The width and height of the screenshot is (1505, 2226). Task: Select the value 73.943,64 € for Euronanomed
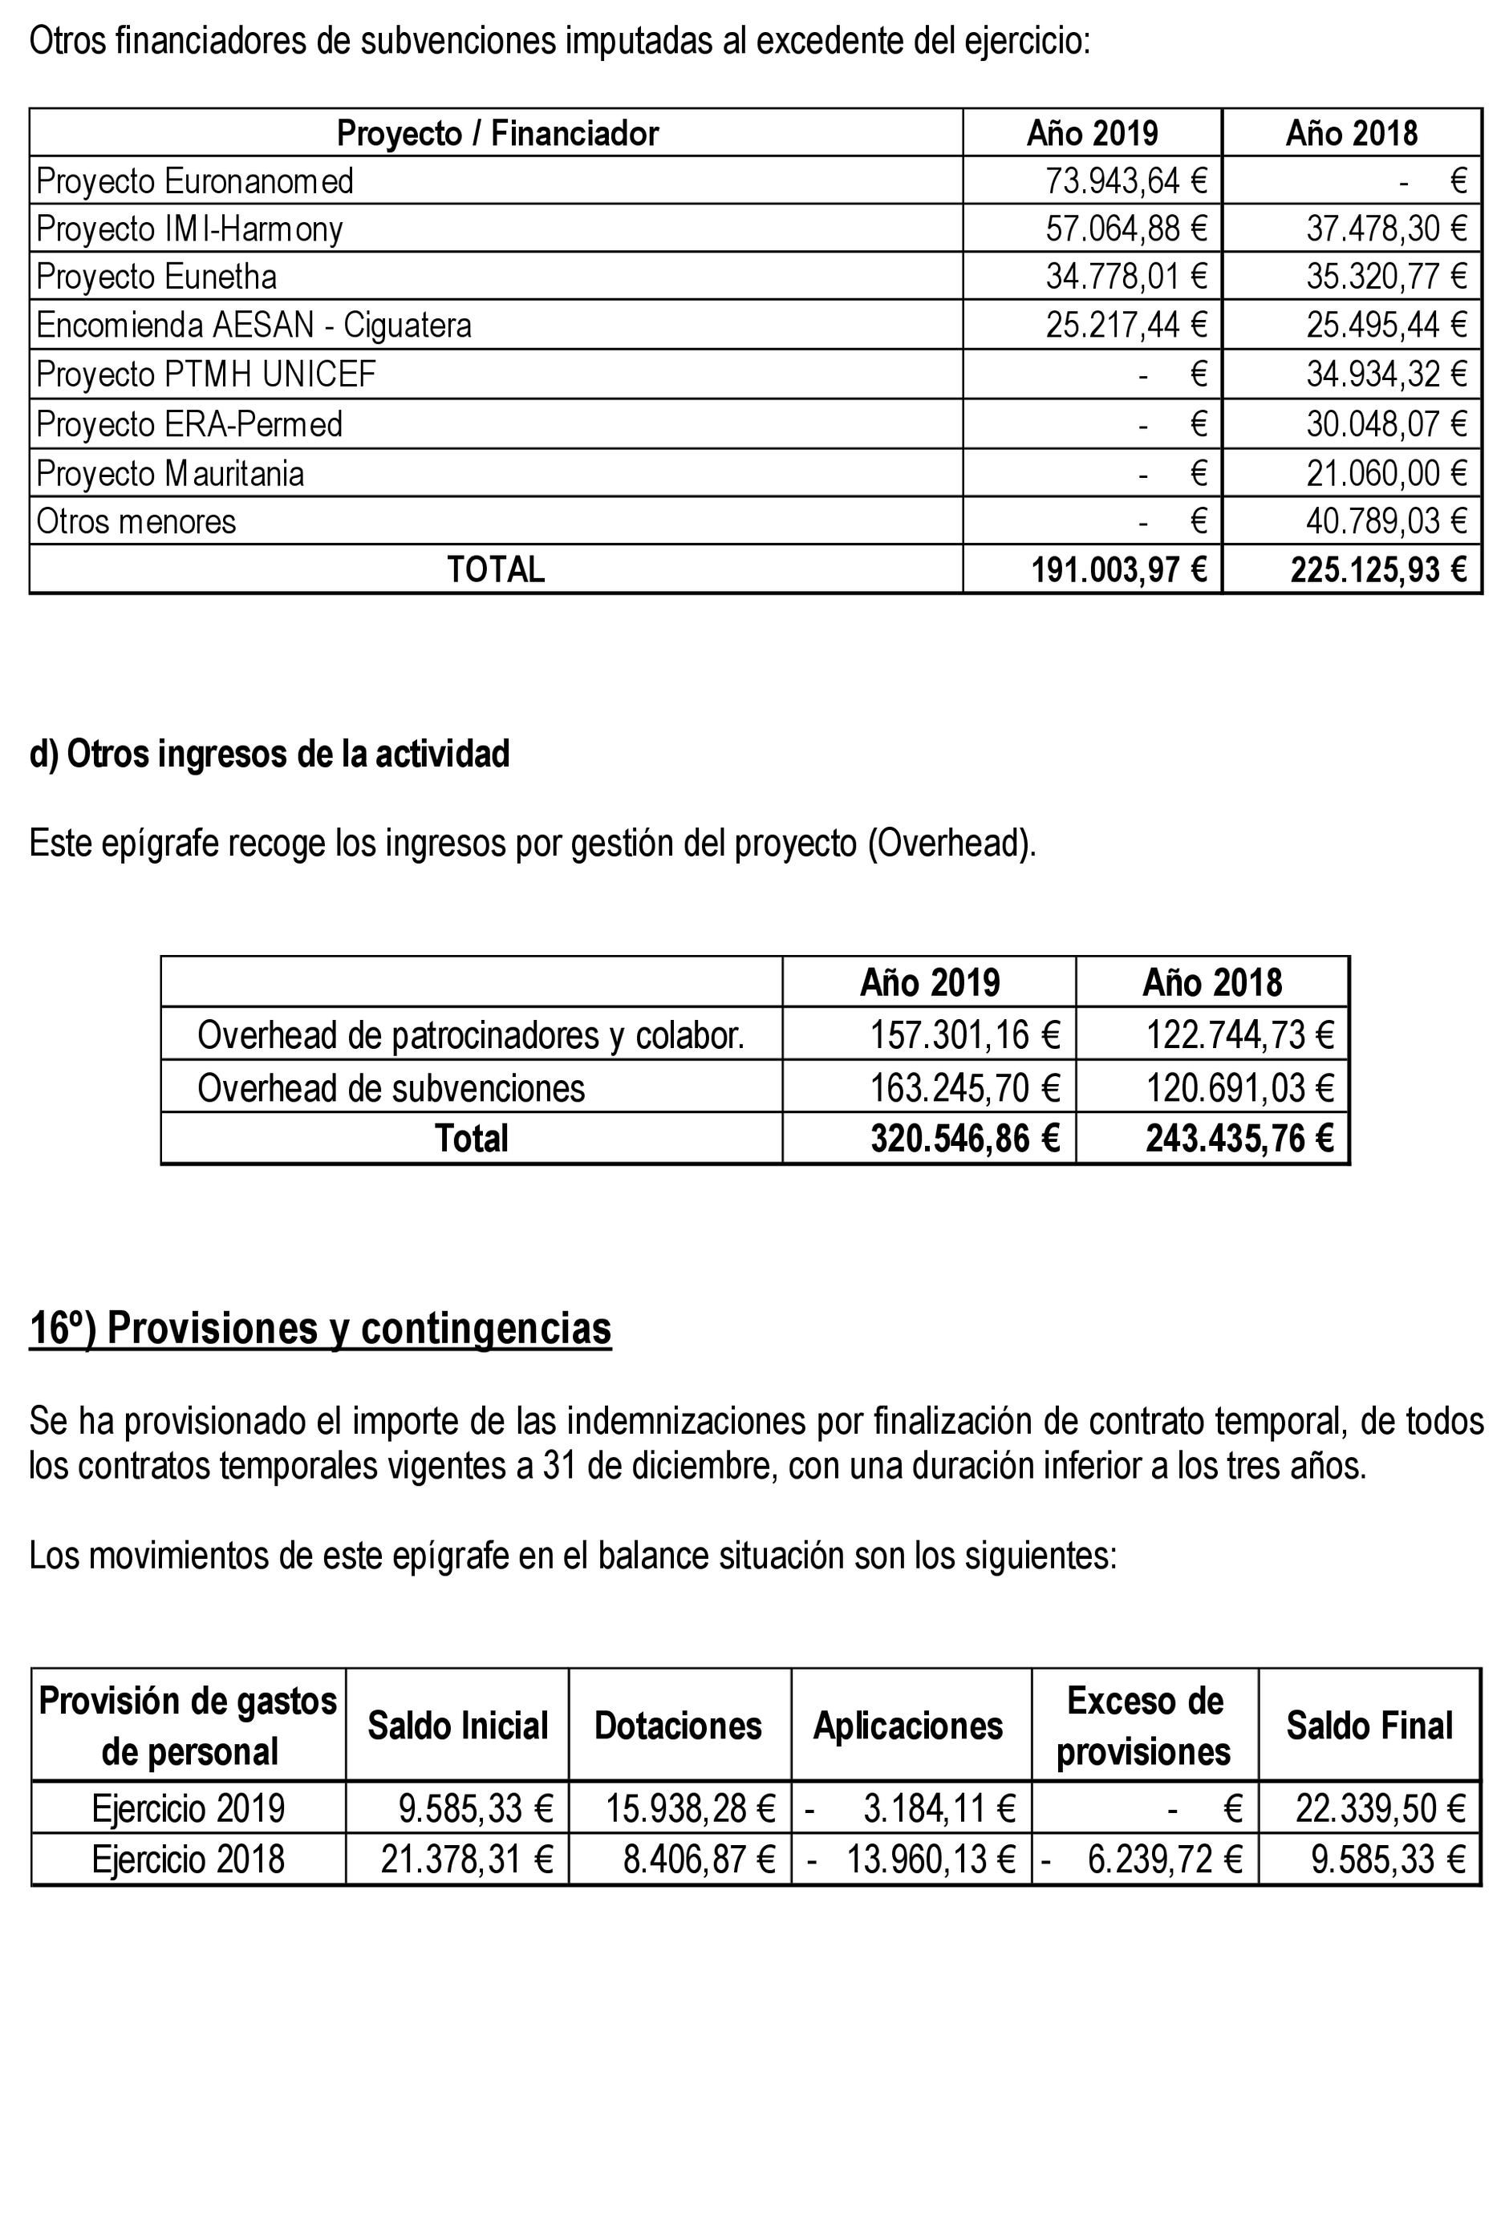coord(1125,181)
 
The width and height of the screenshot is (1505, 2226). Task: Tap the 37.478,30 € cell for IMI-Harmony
coord(1385,229)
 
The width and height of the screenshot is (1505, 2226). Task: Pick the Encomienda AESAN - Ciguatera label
coord(254,326)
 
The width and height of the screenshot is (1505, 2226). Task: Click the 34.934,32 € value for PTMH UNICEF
coord(1385,374)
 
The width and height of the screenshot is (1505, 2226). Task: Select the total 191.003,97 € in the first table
coord(1118,571)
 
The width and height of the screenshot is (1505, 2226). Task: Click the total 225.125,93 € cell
coord(1377,571)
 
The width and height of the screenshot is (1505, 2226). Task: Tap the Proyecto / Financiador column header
coord(497,133)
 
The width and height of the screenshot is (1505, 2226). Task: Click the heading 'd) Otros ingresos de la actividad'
coord(270,755)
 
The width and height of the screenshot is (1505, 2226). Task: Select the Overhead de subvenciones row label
coord(391,1088)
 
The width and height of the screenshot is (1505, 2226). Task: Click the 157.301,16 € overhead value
coord(963,1035)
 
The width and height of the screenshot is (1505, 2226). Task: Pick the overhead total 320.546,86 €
coord(963,1139)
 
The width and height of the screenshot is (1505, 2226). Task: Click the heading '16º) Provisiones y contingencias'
coord(320,1330)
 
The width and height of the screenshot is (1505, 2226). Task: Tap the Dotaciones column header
coord(677,1726)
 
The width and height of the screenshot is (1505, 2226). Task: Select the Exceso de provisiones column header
coord(1144,1726)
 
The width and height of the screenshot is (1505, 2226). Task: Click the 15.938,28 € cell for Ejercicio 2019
coord(690,1809)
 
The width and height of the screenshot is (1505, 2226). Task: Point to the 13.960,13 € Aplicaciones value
coord(929,1860)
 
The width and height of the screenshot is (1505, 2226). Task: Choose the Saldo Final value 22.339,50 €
coord(1380,1809)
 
